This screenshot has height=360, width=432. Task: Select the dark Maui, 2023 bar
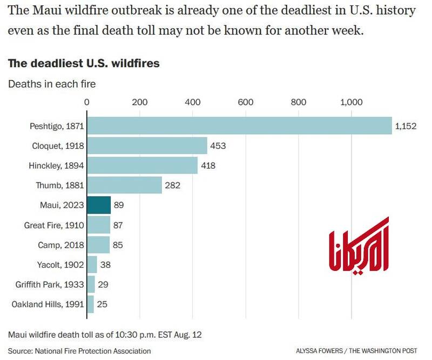(99, 205)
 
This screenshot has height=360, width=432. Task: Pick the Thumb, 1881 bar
(124, 185)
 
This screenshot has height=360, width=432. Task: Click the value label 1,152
(406, 126)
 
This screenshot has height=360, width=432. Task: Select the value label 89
(119, 205)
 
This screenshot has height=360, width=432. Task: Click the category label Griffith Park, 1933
(48, 284)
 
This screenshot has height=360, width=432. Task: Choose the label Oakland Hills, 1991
(48, 304)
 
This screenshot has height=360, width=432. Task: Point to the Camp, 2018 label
(61, 245)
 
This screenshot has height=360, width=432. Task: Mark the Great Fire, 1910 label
(54, 225)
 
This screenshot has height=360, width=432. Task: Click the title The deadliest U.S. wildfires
(84, 63)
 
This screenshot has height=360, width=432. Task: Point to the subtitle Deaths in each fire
(51, 84)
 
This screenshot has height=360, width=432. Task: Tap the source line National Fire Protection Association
(79, 351)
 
